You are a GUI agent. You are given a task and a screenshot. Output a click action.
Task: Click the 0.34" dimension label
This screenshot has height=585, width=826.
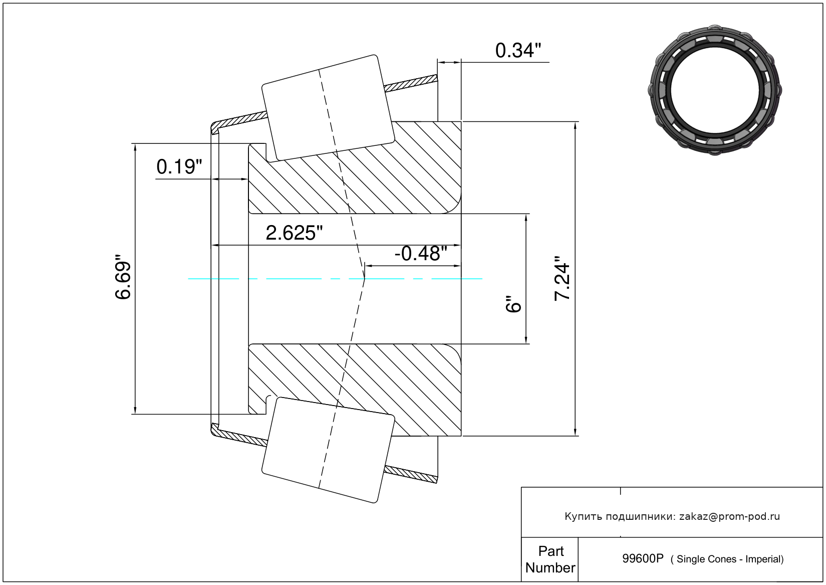click(x=518, y=51)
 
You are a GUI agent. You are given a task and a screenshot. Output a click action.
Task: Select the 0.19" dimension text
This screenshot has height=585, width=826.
click(x=179, y=166)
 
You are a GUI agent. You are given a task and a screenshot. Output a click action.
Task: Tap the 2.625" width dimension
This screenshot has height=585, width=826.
click(x=294, y=233)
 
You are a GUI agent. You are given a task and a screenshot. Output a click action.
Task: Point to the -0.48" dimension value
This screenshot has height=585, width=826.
click(x=421, y=254)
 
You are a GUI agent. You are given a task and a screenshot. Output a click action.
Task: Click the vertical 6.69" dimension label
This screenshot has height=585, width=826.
click(x=123, y=277)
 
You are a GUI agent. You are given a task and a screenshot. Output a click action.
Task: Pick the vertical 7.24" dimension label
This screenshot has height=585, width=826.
click(x=562, y=279)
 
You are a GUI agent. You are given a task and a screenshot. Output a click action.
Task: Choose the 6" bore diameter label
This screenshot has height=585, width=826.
click(x=513, y=304)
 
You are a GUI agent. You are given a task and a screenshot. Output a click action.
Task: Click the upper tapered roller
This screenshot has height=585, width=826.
click(x=328, y=108)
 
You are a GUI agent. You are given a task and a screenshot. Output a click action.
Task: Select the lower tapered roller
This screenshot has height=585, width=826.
click(x=328, y=450)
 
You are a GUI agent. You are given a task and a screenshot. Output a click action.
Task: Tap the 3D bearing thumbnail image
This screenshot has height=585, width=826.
click(x=715, y=90)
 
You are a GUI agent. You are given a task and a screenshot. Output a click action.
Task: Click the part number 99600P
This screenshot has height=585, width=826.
click(x=643, y=559)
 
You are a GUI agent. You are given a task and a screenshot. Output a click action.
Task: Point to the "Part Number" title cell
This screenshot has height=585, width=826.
click(x=550, y=559)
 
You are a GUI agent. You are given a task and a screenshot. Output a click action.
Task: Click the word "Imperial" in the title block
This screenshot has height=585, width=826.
click(x=764, y=559)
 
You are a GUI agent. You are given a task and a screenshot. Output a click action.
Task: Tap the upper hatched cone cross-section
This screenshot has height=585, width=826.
click(x=355, y=167)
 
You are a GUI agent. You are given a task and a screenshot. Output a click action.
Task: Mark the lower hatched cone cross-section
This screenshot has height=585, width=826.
click(x=355, y=390)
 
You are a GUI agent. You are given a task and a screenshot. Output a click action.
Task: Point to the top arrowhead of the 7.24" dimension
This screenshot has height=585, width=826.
click(x=575, y=126)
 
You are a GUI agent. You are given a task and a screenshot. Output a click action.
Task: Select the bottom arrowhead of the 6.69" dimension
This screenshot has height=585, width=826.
click(x=135, y=410)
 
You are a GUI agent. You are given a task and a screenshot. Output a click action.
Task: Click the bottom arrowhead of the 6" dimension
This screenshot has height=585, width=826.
click(x=526, y=339)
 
